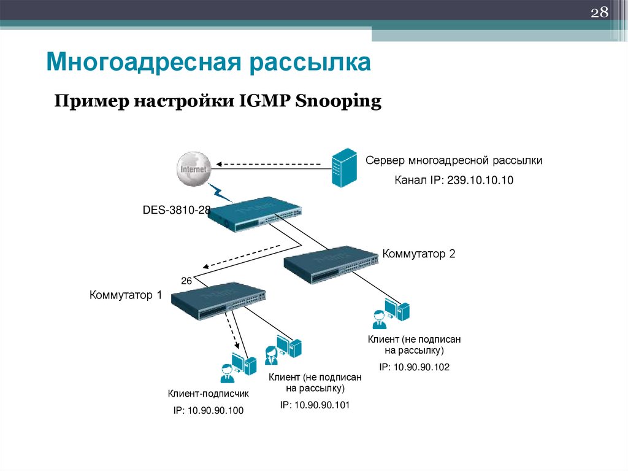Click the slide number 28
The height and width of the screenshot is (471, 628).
599,14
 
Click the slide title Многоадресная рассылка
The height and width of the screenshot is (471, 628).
209,62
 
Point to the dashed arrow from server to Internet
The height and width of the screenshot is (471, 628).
269,165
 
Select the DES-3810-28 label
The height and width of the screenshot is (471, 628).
177,210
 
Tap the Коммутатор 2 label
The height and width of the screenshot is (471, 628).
419,254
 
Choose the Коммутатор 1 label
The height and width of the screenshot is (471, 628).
126,295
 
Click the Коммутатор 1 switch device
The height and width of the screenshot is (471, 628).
218,302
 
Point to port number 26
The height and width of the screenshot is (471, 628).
186,281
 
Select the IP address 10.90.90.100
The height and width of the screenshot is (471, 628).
209,411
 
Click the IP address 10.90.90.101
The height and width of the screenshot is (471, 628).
315,405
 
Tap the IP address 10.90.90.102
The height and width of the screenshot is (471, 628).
414,367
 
